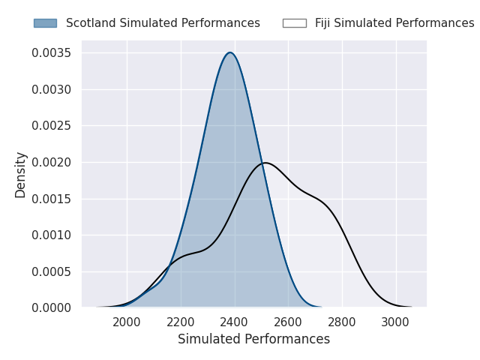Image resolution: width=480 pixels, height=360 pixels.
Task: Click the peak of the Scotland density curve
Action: click(x=230, y=52)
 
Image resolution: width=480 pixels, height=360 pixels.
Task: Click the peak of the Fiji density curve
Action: click(x=265, y=163)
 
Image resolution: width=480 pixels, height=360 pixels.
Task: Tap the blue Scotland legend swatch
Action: click(x=45, y=23)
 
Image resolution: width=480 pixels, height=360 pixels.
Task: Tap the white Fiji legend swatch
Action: click(x=294, y=23)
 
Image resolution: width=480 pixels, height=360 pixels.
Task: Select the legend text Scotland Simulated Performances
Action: click(x=163, y=23)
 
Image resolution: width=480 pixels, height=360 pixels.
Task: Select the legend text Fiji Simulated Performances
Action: click(x=394, y=23)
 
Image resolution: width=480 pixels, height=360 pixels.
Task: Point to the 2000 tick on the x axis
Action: click(x=127, y=322)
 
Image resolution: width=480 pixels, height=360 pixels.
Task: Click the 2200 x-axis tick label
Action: click(x=181, y=322)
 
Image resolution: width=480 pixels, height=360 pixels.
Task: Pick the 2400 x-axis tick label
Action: click(x=235, y=322)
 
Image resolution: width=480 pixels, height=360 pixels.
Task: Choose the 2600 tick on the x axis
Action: click(x=289, y=322)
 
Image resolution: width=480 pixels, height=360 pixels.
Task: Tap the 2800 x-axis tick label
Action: click(x=343, y=322)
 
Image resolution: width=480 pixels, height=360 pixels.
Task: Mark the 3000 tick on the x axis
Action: click(x=397, y=322)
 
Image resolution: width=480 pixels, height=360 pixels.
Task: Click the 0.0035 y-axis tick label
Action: click(x=51, y=53)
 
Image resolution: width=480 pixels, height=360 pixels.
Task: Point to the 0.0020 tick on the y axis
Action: click(x=51, y=162)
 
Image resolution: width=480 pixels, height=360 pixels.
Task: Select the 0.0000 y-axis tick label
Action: click(x=51, y=307)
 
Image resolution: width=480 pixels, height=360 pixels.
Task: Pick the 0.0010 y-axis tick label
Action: click(x=51, y=235)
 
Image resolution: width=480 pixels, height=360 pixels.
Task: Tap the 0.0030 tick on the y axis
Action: click(x=51, y=89)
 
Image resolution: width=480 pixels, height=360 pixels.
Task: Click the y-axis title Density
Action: click(x=21, y=174)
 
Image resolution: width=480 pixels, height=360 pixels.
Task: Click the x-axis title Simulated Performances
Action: click(x=253, y=340)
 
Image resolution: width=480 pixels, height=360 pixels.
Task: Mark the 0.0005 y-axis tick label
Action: click(x=51, y=271)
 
